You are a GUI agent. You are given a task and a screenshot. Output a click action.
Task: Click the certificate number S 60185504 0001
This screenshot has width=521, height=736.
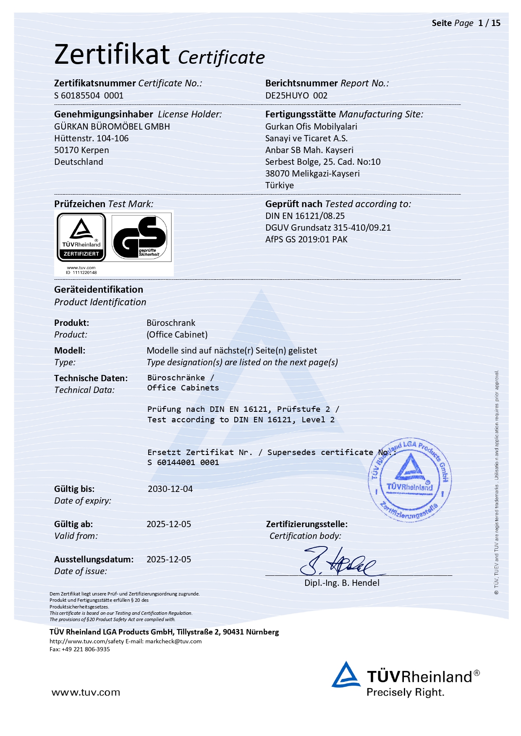click(89, 96)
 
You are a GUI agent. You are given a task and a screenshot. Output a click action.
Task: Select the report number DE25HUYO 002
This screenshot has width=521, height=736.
click(296, 96)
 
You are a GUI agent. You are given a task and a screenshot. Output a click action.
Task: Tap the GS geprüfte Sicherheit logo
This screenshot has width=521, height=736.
click(141, 237)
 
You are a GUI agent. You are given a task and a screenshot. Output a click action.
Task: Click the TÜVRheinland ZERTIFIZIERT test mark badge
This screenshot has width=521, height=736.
click(81, 237)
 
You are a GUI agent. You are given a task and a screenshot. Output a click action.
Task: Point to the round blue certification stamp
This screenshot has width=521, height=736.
click(409, 480)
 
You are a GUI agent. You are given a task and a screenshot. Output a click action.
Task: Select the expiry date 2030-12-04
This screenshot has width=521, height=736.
click(170, 489)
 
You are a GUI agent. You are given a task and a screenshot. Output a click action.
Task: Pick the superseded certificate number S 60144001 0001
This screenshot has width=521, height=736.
click(183, 463)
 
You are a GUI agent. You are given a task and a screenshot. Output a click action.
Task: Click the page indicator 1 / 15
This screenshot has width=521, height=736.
click(489, 23)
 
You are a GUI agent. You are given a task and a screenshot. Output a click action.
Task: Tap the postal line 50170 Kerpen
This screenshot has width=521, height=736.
click(81, 150)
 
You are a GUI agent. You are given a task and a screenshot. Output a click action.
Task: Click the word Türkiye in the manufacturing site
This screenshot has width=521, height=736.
click(279, 185)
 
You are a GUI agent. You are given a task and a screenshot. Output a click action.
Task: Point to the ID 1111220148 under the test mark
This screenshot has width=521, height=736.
click(81, 273)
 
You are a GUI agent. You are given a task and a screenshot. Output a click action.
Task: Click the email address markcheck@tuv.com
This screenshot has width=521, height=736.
click(173, 641)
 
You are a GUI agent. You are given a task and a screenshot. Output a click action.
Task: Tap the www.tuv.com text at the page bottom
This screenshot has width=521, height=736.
click(86, 692)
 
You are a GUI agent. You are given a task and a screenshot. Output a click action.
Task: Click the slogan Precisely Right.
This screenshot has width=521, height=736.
click(405, 692)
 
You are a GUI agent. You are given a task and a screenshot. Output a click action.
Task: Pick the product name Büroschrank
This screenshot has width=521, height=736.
click(171, 323)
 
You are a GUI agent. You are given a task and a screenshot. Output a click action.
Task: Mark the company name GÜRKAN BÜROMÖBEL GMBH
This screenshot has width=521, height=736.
click(112, 127)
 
